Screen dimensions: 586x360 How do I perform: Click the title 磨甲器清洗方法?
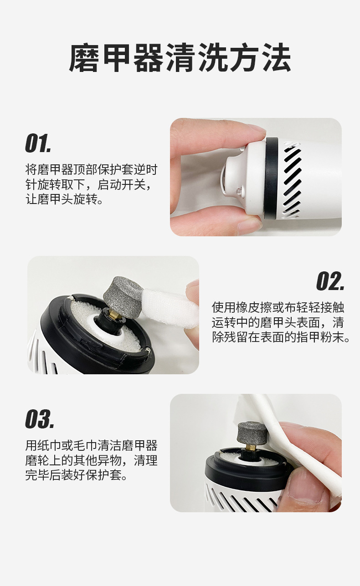tap(180, 58)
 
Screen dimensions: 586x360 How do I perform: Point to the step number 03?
tap(40, 419)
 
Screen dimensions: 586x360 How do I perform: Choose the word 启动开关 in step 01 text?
tap(123, 184)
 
